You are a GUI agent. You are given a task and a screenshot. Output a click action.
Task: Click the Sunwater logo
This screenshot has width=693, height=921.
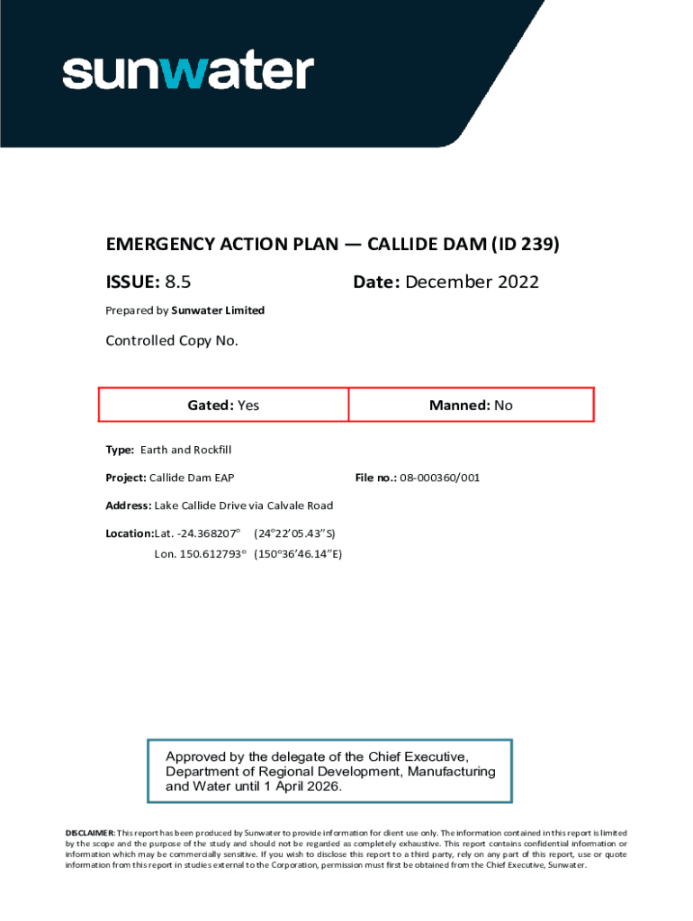pyautogui.click(x=187, y=72)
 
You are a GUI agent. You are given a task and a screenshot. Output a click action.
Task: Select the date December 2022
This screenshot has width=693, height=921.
pyautogui.click(x=472, y=282)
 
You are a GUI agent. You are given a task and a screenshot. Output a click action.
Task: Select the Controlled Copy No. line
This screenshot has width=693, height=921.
pyautogui.click(x=172, y=341)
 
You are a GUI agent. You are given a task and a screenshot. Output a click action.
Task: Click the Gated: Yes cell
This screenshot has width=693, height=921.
pyautogui.click(x=223, y=406)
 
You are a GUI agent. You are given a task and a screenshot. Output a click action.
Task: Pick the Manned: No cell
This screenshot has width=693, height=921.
pyautogui.click(x=471, y=406)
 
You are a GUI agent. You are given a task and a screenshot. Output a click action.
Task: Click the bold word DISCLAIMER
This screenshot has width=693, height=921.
pyautogui.click(x=89, y=834)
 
